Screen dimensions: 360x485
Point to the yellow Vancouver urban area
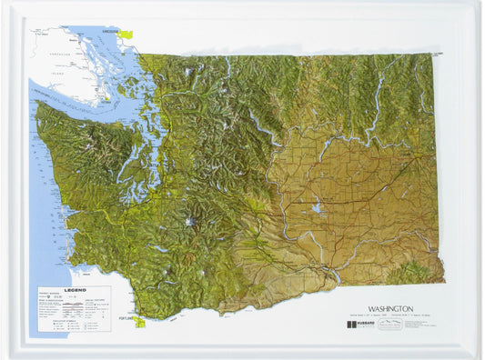(x=125, y=35)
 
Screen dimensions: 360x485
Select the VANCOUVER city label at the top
(x=112, y=30)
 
